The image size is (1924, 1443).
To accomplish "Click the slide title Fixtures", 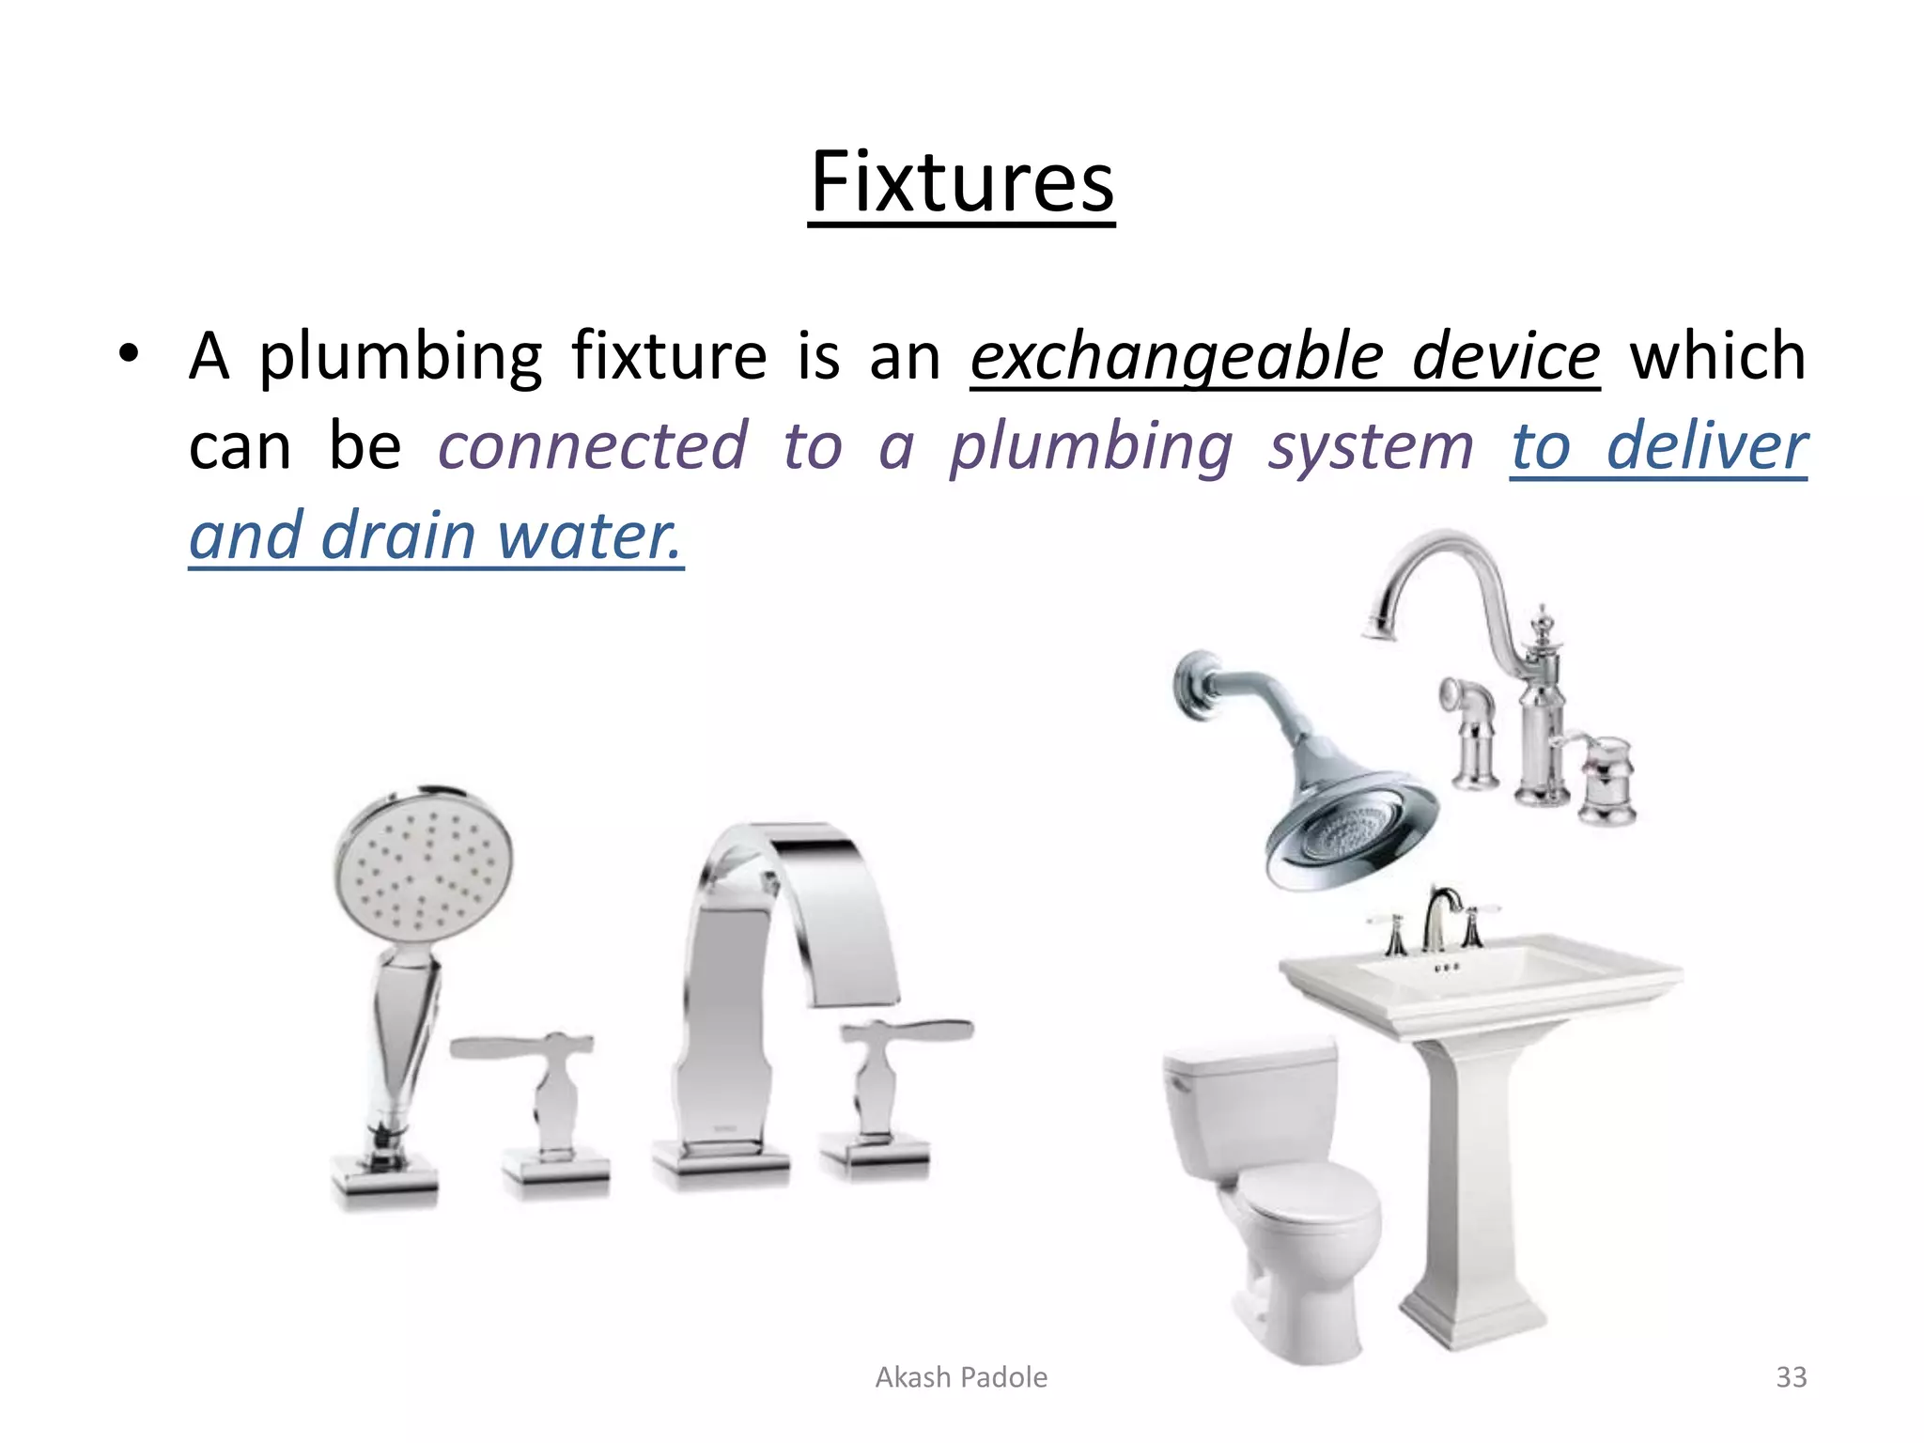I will [x=961, y=182].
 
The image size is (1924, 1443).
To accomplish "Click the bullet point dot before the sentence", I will [x=129, y=356].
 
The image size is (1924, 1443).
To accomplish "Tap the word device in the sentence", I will [x=1505, y=357].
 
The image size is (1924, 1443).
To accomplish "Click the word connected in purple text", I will [x=593, y=446].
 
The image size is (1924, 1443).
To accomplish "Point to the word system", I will [x=1371, y=446].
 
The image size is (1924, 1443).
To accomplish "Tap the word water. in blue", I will [x=588, y=535].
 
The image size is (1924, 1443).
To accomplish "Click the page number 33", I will [x=1791, y=1377].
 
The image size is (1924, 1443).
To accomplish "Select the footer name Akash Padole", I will [x=961, y=1377].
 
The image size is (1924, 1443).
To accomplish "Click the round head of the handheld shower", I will [x=424, y=864].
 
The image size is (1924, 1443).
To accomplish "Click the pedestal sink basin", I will [x=1480, y=977].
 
